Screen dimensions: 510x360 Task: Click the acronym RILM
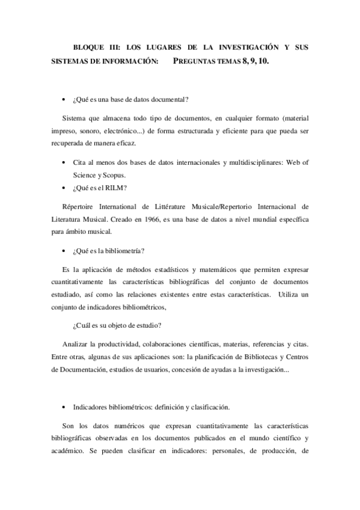pos(118,188)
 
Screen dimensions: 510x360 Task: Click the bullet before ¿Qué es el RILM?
pos(64,188)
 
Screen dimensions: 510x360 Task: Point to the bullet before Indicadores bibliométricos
pos(64,407)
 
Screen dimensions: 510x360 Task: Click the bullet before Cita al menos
pos(64,163)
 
